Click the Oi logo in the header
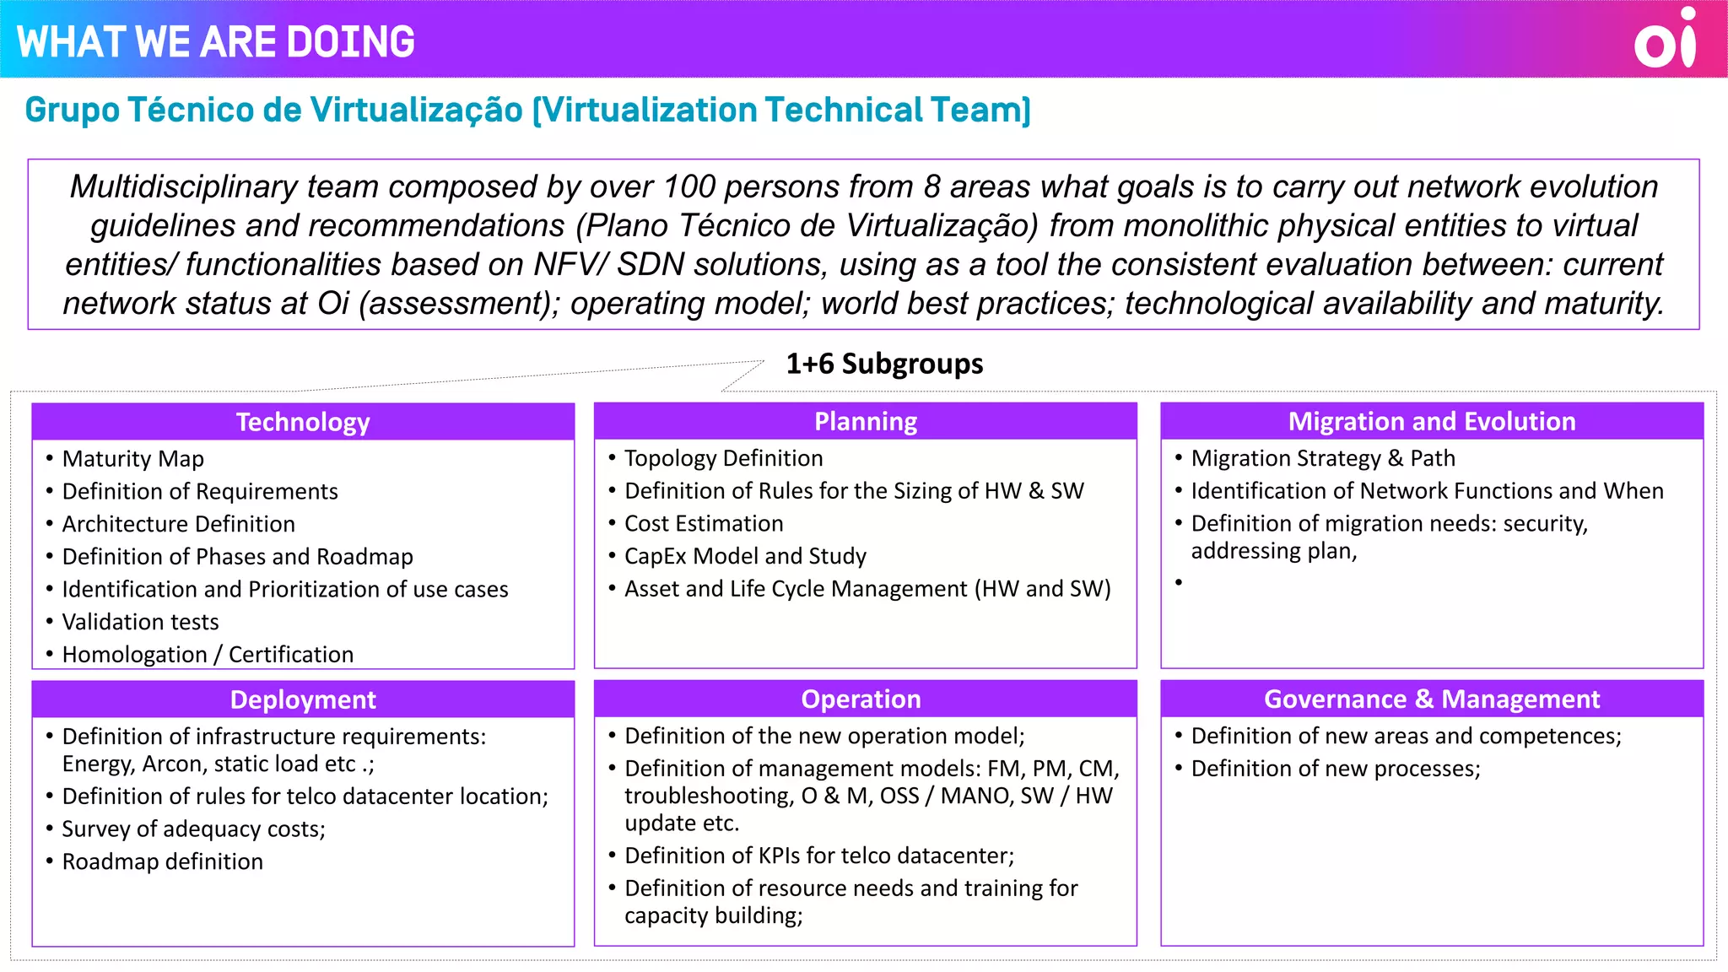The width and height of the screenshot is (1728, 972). coord(1665,40)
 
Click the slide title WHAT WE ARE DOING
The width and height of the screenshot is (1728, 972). coord(216,41)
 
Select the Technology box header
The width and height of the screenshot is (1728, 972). coord(303,422)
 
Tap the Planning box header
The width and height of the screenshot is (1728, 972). coord(866,421)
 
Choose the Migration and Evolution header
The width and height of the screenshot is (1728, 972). coord(1432,421)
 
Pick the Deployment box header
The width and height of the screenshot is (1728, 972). coord(303,699)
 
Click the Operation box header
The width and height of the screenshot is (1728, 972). coord(861,699)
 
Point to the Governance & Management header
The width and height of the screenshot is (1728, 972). coord(1432,699)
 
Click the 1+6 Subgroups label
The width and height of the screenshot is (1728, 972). coord(884,364)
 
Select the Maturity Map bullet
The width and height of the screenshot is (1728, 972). coord(132,459)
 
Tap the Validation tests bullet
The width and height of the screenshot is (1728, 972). coord(140,622)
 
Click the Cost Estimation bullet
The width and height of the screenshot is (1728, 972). coord(704,524)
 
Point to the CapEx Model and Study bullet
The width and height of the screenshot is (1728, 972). coord(745,556)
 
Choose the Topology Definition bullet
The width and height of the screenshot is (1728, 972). coord(723,458)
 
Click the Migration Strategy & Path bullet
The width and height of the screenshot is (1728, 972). coord(1323,458)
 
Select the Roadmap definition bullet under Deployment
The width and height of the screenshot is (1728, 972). coord(162,861)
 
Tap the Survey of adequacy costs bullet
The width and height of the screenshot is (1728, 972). coord(193,829)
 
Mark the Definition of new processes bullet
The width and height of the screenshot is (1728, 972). coord(1336,769)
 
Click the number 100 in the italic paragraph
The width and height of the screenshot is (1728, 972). coord(688,186)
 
